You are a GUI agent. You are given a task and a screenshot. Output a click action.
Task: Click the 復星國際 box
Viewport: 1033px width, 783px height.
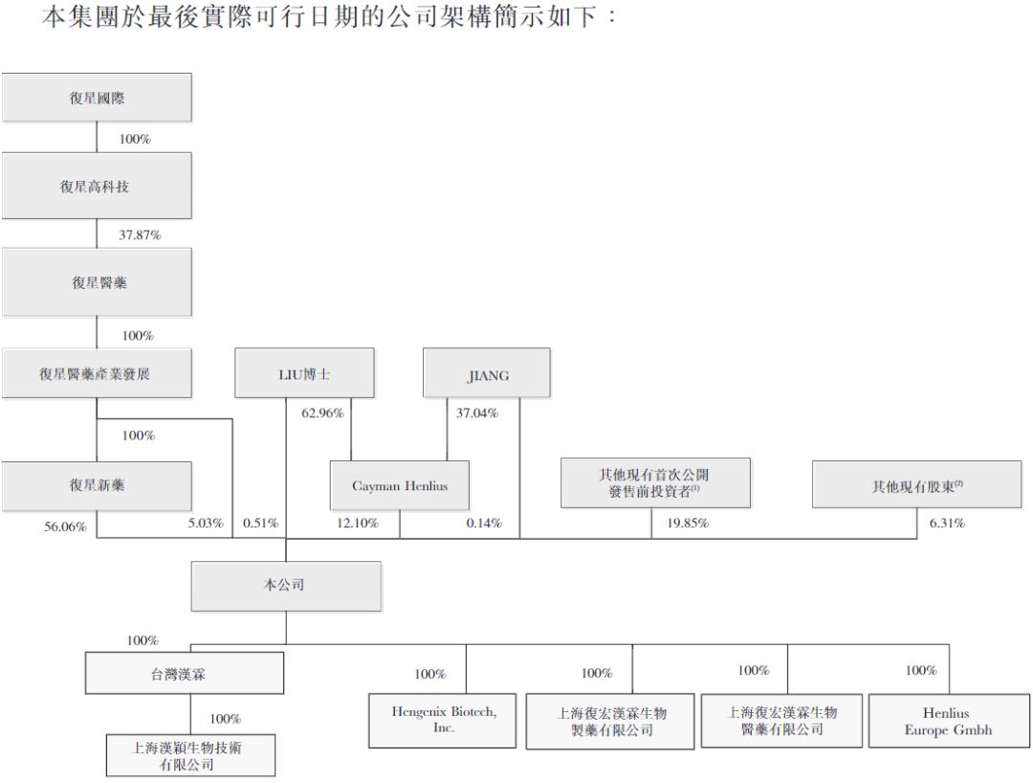click(97, 98)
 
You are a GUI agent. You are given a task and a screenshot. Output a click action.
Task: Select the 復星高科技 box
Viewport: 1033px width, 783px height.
click(97, 186)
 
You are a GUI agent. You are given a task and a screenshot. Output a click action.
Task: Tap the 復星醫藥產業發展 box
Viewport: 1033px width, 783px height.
click(97, 373)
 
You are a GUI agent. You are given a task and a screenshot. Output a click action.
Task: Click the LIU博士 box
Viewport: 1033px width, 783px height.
click(304, 373)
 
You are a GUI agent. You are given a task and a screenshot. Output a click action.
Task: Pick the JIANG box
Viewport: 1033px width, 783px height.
click(487, 373)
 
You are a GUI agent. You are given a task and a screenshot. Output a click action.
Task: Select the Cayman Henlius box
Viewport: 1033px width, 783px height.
click(400, 485)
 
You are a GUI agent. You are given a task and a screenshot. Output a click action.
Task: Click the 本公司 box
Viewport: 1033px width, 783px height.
click(285, 585)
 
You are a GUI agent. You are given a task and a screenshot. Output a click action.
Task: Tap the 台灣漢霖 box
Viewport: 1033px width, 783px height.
click(184, 673)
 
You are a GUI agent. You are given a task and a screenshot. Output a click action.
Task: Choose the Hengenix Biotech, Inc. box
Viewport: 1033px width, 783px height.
click(444, 720)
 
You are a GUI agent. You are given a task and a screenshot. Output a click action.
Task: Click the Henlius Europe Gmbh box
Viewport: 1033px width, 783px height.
click(948, 721)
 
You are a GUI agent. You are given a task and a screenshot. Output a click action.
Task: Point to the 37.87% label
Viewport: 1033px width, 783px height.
click(140, 235)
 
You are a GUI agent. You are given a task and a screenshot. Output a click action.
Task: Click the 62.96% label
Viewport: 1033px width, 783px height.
click(322, 414)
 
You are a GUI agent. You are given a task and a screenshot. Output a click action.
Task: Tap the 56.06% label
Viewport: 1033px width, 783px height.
click(65, 526)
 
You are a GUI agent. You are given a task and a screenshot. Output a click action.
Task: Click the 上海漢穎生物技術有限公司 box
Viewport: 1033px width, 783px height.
click(190, 755)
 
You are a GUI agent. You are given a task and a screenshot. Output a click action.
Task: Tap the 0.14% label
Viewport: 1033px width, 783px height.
click(484, 523)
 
